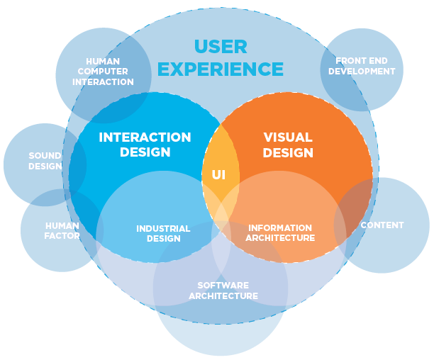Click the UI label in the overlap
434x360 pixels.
coord(218,174)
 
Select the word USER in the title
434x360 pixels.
coord(221,47)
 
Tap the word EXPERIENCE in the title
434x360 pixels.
coord(221,69)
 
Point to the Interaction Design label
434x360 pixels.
coord(145,145)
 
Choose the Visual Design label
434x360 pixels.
coord(288,145)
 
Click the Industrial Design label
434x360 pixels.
coord(163,234)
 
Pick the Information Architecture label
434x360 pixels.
coord(280,233)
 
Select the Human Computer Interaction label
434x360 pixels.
coord(103,72)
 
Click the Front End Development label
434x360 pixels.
coord(362,66)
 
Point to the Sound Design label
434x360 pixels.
coord(45,161)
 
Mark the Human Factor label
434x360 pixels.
coord(62,230)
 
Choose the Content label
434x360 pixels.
coord(382,225)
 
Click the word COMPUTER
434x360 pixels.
coord(103,72)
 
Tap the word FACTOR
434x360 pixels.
coord(62,235)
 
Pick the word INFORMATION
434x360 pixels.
coord(280,228)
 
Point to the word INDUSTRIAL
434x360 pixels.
coord(163,229)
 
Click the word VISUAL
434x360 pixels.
coord(288,137)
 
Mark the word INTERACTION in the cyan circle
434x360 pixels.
coord(145,137)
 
